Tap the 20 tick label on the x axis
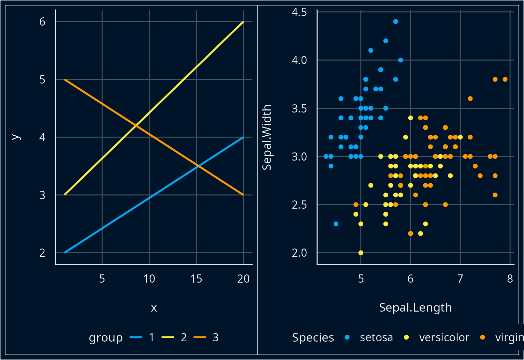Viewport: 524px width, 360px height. pos(243,279)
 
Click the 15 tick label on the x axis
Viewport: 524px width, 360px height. pos(196,279)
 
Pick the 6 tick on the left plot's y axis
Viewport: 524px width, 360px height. pos(42,22)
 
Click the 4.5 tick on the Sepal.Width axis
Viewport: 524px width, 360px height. pos(299,12)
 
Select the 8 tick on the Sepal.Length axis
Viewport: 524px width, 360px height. pos(510,279)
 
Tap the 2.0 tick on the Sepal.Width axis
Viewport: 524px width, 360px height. pos(299,253)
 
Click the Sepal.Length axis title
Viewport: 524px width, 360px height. pos(415,307)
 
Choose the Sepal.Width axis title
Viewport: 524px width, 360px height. pos(266,137)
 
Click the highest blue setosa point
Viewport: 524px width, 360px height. pos(395,21)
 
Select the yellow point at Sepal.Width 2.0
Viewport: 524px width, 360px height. pos(361,253)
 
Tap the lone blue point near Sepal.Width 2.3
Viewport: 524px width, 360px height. pos(336,224)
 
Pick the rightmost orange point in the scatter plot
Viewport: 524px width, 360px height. pos(505,79)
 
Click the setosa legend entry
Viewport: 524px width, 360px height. pos(376,337)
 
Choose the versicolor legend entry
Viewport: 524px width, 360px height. pos(444,337)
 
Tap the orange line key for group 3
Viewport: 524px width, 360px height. pos(200,337)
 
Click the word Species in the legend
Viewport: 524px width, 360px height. pos(313,337)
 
